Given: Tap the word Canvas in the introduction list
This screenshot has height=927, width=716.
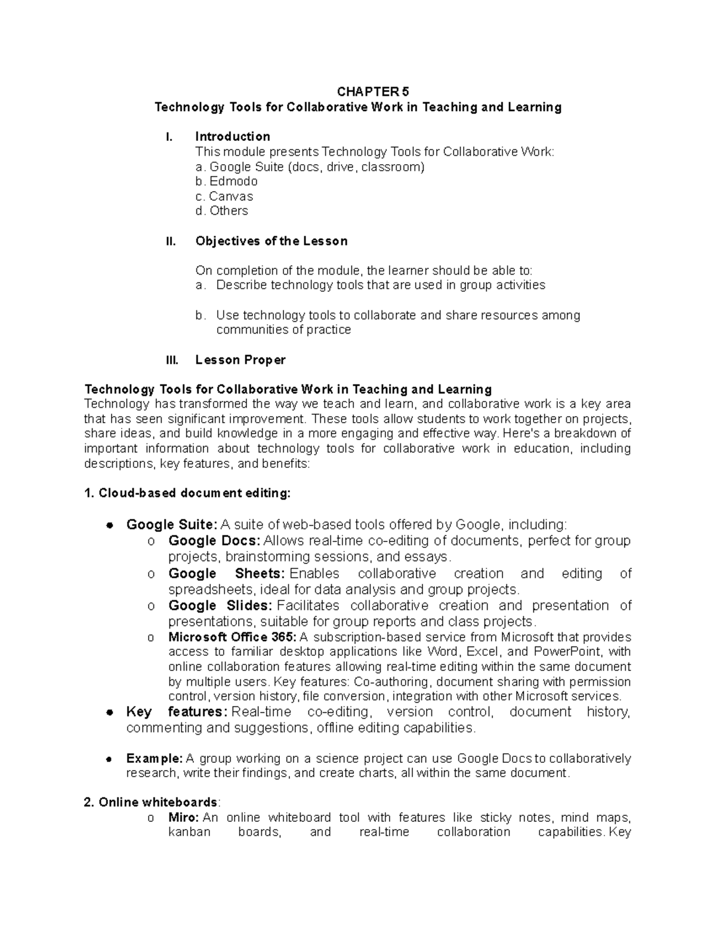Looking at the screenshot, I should (x=231, y=196).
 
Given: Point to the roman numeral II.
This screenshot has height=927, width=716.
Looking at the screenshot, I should (x=170, y=241).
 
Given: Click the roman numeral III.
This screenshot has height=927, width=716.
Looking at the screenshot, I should (x=171, y=359).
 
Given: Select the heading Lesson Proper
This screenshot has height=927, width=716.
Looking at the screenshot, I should (x=240, y=359).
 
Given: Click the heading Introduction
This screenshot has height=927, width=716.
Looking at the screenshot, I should (x=233, y=136).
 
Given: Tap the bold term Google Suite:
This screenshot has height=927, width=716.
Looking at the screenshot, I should (x=172, y=525).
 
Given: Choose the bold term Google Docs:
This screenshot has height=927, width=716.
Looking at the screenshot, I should (x=214, y=541).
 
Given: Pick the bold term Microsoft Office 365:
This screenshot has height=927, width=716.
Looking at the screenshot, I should (x=232, y=637).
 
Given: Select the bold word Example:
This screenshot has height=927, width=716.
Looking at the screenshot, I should (x=155, y=759).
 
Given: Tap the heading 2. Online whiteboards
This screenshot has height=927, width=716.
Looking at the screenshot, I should (x=152, y=802).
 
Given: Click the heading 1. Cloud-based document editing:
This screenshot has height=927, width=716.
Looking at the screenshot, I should (x=188, y=493).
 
